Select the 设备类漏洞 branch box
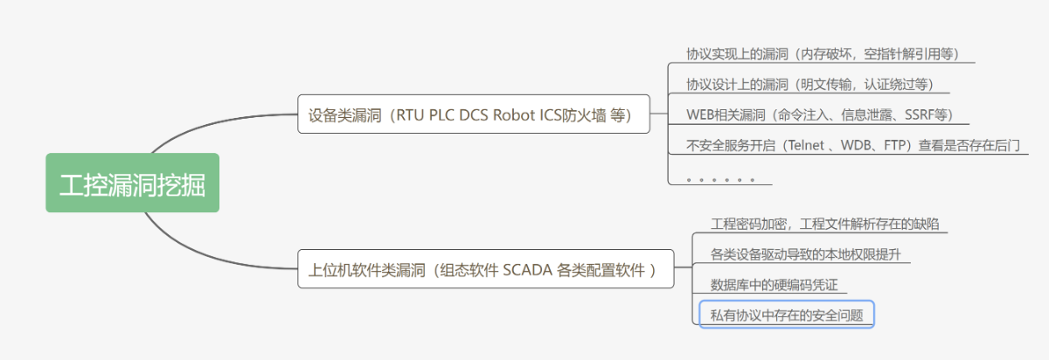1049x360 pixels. point(473,114)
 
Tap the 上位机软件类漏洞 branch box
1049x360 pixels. point(486,269)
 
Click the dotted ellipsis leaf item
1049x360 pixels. point(720,178)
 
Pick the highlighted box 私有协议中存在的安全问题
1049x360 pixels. point(787,315)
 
